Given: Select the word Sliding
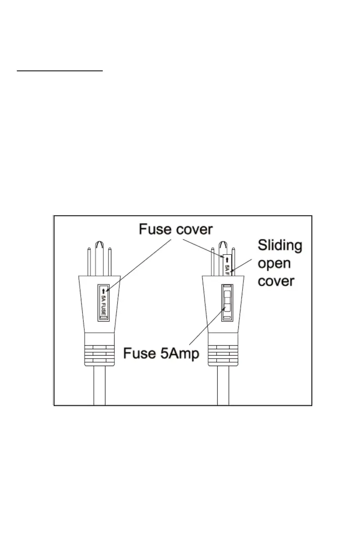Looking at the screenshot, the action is tap(280, 246).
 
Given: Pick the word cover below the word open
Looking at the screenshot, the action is tap(276, 281).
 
